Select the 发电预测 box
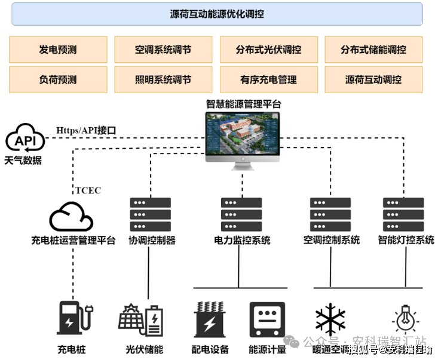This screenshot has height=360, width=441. click(x=58, y=50)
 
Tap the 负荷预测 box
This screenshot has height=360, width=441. click(x=58, y=79)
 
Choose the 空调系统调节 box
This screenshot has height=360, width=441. click(x=163, y=50)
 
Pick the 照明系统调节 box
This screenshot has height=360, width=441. click(x=163, y=79)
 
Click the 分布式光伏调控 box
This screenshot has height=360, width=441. click(x=268, y=50)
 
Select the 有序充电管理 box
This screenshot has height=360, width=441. click(x=268, y=79)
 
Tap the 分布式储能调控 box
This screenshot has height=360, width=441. click(x=373, y=50)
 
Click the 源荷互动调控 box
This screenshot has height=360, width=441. click(x=373, y=79)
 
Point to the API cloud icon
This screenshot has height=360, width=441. click(x=25, y=139)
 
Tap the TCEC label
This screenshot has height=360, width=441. click(x=88, y=191)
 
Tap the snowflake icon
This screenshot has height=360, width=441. click(x=330, y=319)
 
